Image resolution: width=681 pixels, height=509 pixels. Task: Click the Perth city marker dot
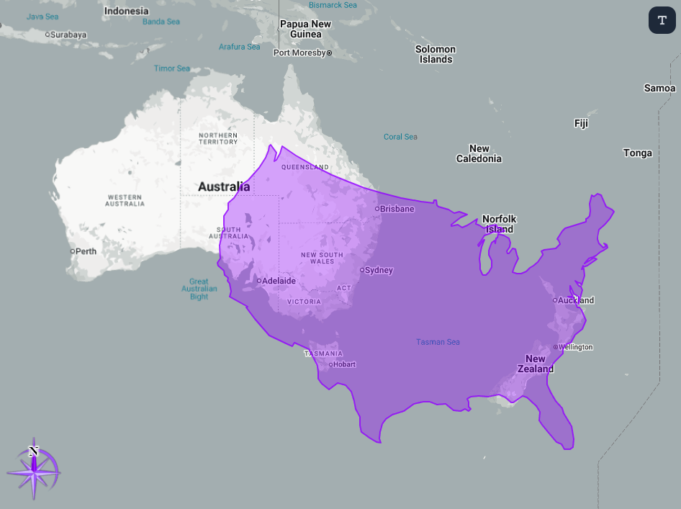coord(73,251)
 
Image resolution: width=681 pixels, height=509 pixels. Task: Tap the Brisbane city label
coord(397,209)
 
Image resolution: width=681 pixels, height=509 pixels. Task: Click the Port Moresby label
coord(300,53)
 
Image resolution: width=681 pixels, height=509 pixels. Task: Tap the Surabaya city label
coord(68,34)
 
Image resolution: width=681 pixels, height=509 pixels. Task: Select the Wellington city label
coord(576,347)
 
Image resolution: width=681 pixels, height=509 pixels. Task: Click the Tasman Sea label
coord(438,342)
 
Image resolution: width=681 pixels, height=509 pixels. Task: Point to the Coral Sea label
coord(400,137)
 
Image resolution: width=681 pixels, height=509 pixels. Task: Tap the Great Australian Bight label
coord(199,289)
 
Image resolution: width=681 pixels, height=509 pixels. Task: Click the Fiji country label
coord(581,123)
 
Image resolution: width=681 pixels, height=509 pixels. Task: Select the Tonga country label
coord(638,153)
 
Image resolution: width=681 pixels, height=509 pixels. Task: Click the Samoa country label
coord(659,88)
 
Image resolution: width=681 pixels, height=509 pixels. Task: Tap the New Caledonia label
coord(479,153)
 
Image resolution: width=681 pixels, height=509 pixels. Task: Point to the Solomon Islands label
coord(436,54)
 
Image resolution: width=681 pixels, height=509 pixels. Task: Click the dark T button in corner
coord(662,19)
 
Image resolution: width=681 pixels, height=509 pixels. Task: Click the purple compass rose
coord(34,471)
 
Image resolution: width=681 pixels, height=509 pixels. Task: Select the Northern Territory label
coord(218,138)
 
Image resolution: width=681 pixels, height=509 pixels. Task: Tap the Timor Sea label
coord(172,68)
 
